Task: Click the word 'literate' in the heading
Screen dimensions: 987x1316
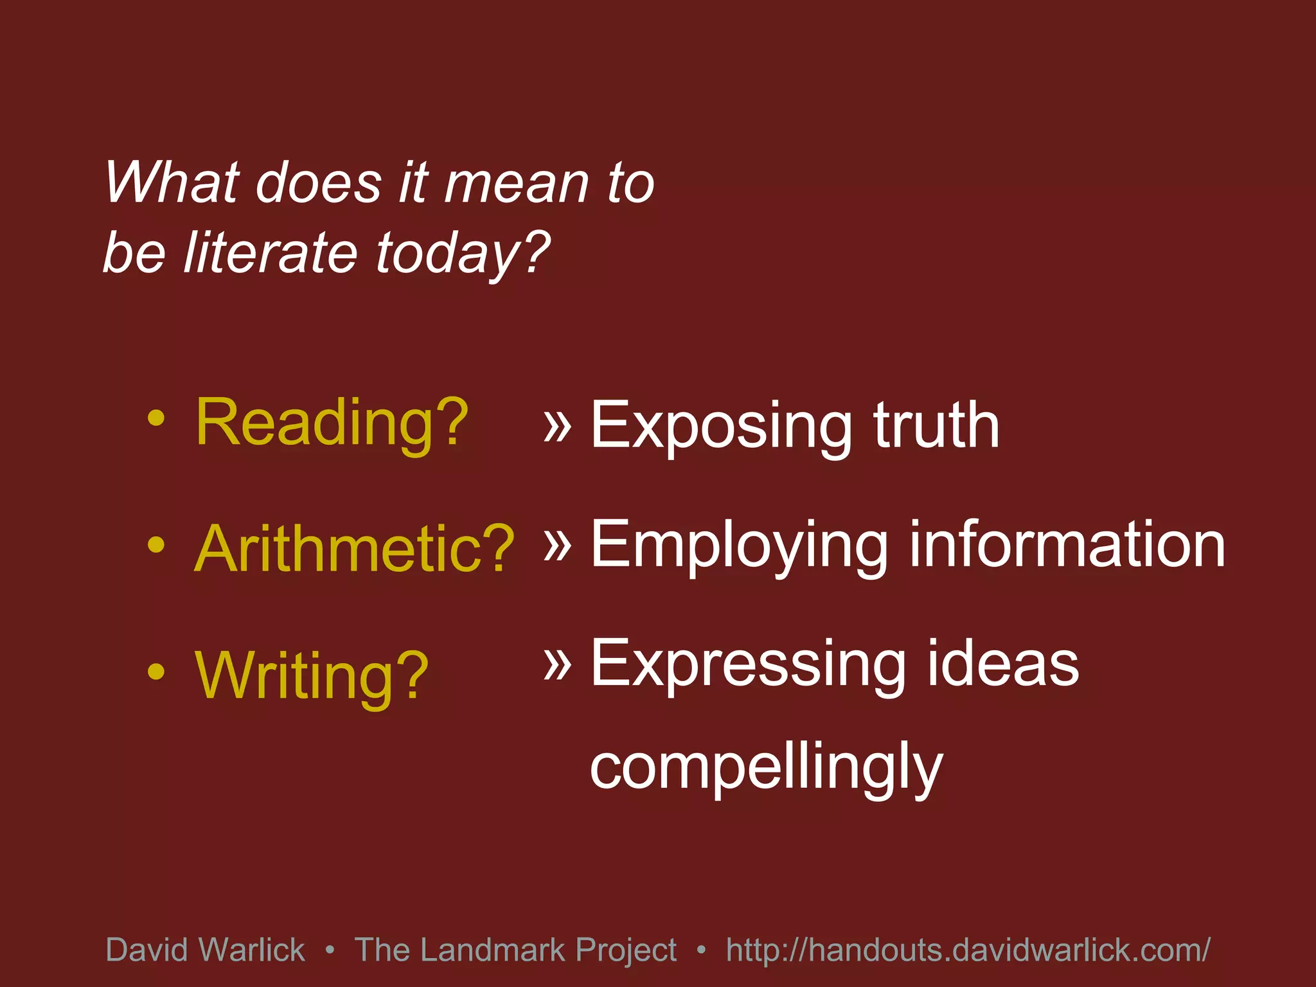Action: [x=270, y=252]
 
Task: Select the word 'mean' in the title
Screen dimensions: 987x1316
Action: [x=517, y=183]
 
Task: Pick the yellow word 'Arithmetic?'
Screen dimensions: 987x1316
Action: [x=354, y=549]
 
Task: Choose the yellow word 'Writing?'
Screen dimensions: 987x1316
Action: [x=312, y=676]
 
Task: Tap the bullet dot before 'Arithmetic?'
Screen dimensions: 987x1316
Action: [x=156, y=545]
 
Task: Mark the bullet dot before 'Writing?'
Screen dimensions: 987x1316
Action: [x=156, y=671]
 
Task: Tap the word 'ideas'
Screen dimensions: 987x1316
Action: [x=1002, y=664]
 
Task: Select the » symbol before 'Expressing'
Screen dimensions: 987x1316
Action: [x=557, y=663]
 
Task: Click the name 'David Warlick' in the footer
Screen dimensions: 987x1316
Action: [x=205, y=950]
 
